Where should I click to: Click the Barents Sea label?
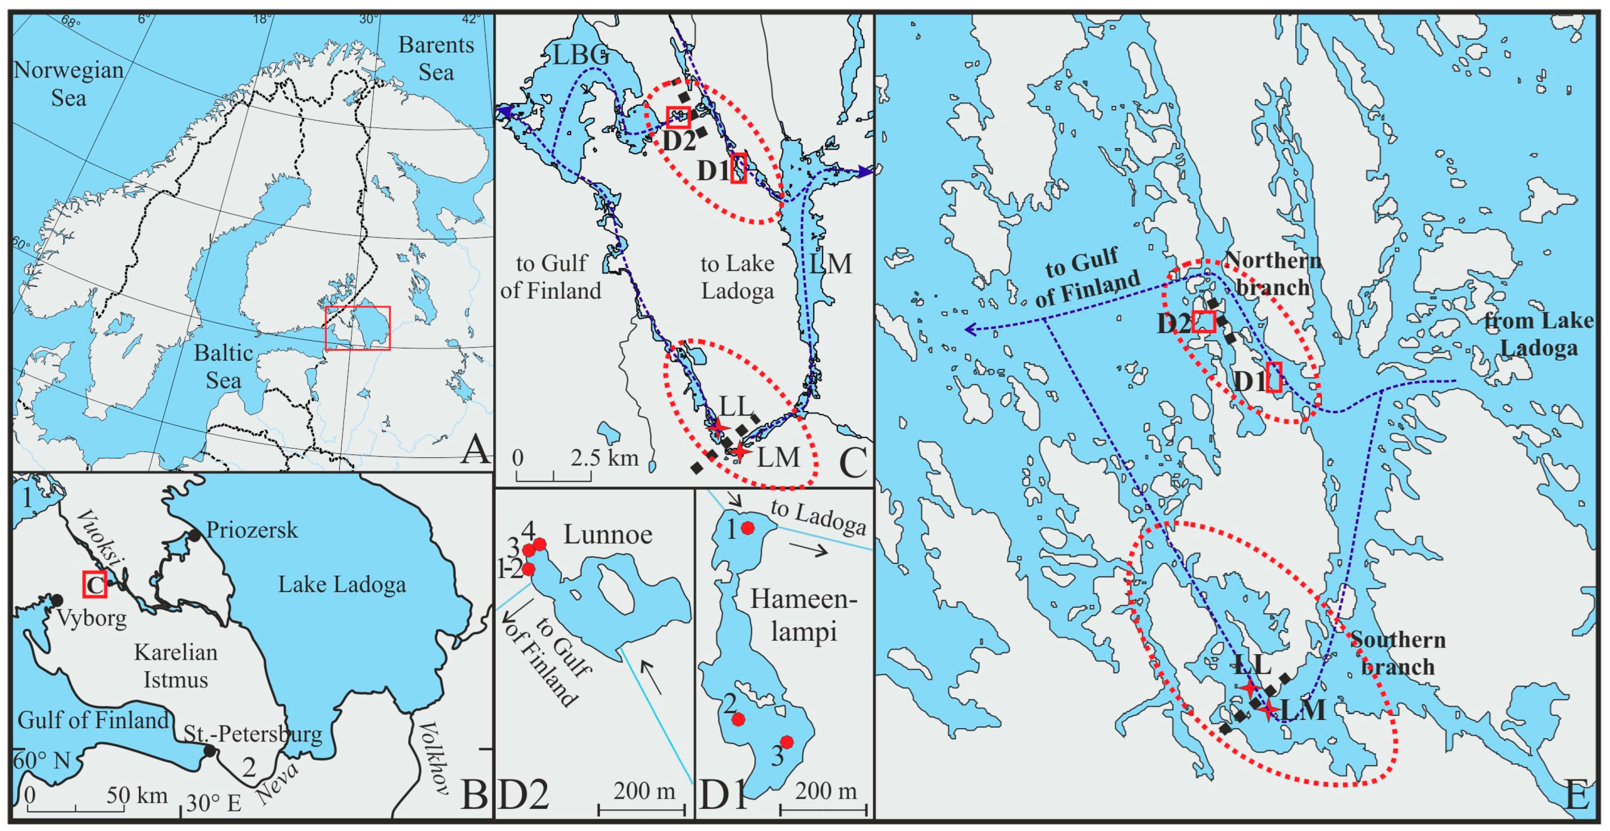coord(436,59)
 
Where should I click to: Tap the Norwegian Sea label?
coord(69,84)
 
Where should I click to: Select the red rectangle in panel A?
coord(357,328)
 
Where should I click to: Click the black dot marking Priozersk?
coord(195,535)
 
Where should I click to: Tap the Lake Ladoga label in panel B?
coord(342,585)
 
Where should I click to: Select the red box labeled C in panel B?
coord(95,584)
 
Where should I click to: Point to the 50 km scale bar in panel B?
coord(75,810)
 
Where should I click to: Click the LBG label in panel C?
coord(580,56)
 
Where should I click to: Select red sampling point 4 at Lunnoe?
coord(539,544)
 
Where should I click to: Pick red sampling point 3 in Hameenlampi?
coord(787,742)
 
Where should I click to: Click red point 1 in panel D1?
coord(747,528)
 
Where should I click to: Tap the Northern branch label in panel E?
coord(1273,273)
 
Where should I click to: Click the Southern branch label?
coord(1398,653)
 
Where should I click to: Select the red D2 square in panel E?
coord(1203,321)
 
